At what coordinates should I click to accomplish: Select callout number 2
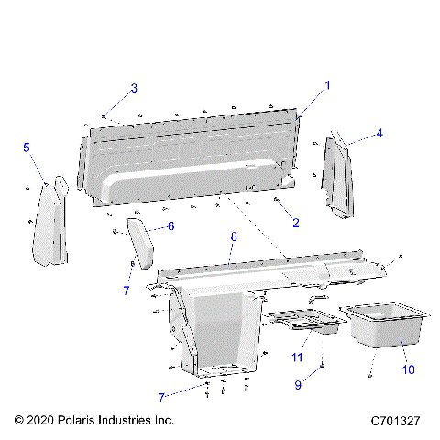coord(295,223)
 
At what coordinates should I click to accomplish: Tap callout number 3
coord(134,88)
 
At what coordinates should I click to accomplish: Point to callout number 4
coord(379,133)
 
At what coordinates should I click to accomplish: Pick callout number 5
coord(27,147)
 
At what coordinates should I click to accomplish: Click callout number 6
coord(170,225)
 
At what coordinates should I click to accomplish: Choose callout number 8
coord(234,236)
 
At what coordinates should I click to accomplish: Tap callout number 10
coord(408,369)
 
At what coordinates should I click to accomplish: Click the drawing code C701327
coord(395,421)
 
